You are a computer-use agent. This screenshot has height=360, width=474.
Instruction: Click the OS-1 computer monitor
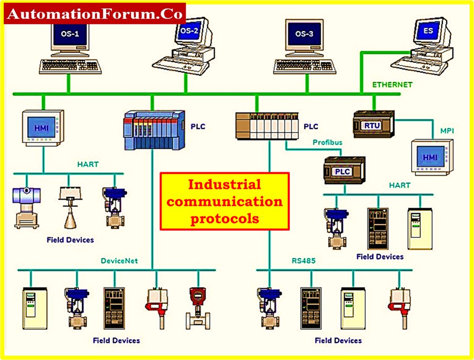click(x=68, y=36)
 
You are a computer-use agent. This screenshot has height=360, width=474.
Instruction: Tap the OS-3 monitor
click(x=305, y=35)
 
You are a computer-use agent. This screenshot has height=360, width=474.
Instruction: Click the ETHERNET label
click(x=392, y=85)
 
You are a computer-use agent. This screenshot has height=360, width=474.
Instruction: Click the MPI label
click(x=447, y=131)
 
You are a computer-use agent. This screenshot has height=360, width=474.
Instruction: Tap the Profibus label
click(x=327, y=143)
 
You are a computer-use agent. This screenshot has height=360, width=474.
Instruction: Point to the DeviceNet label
click(x=119, y=261)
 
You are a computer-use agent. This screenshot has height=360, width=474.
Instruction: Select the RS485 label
click(x=303, y=261)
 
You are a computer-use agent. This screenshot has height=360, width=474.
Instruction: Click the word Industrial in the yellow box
click(x=225, y=185)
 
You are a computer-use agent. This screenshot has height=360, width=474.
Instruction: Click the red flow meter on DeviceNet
click(x=197, y=306)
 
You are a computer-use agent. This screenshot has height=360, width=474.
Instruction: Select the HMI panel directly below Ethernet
click(x=42, y=128)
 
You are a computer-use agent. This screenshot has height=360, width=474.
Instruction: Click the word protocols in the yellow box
click(x=225, y=219)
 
